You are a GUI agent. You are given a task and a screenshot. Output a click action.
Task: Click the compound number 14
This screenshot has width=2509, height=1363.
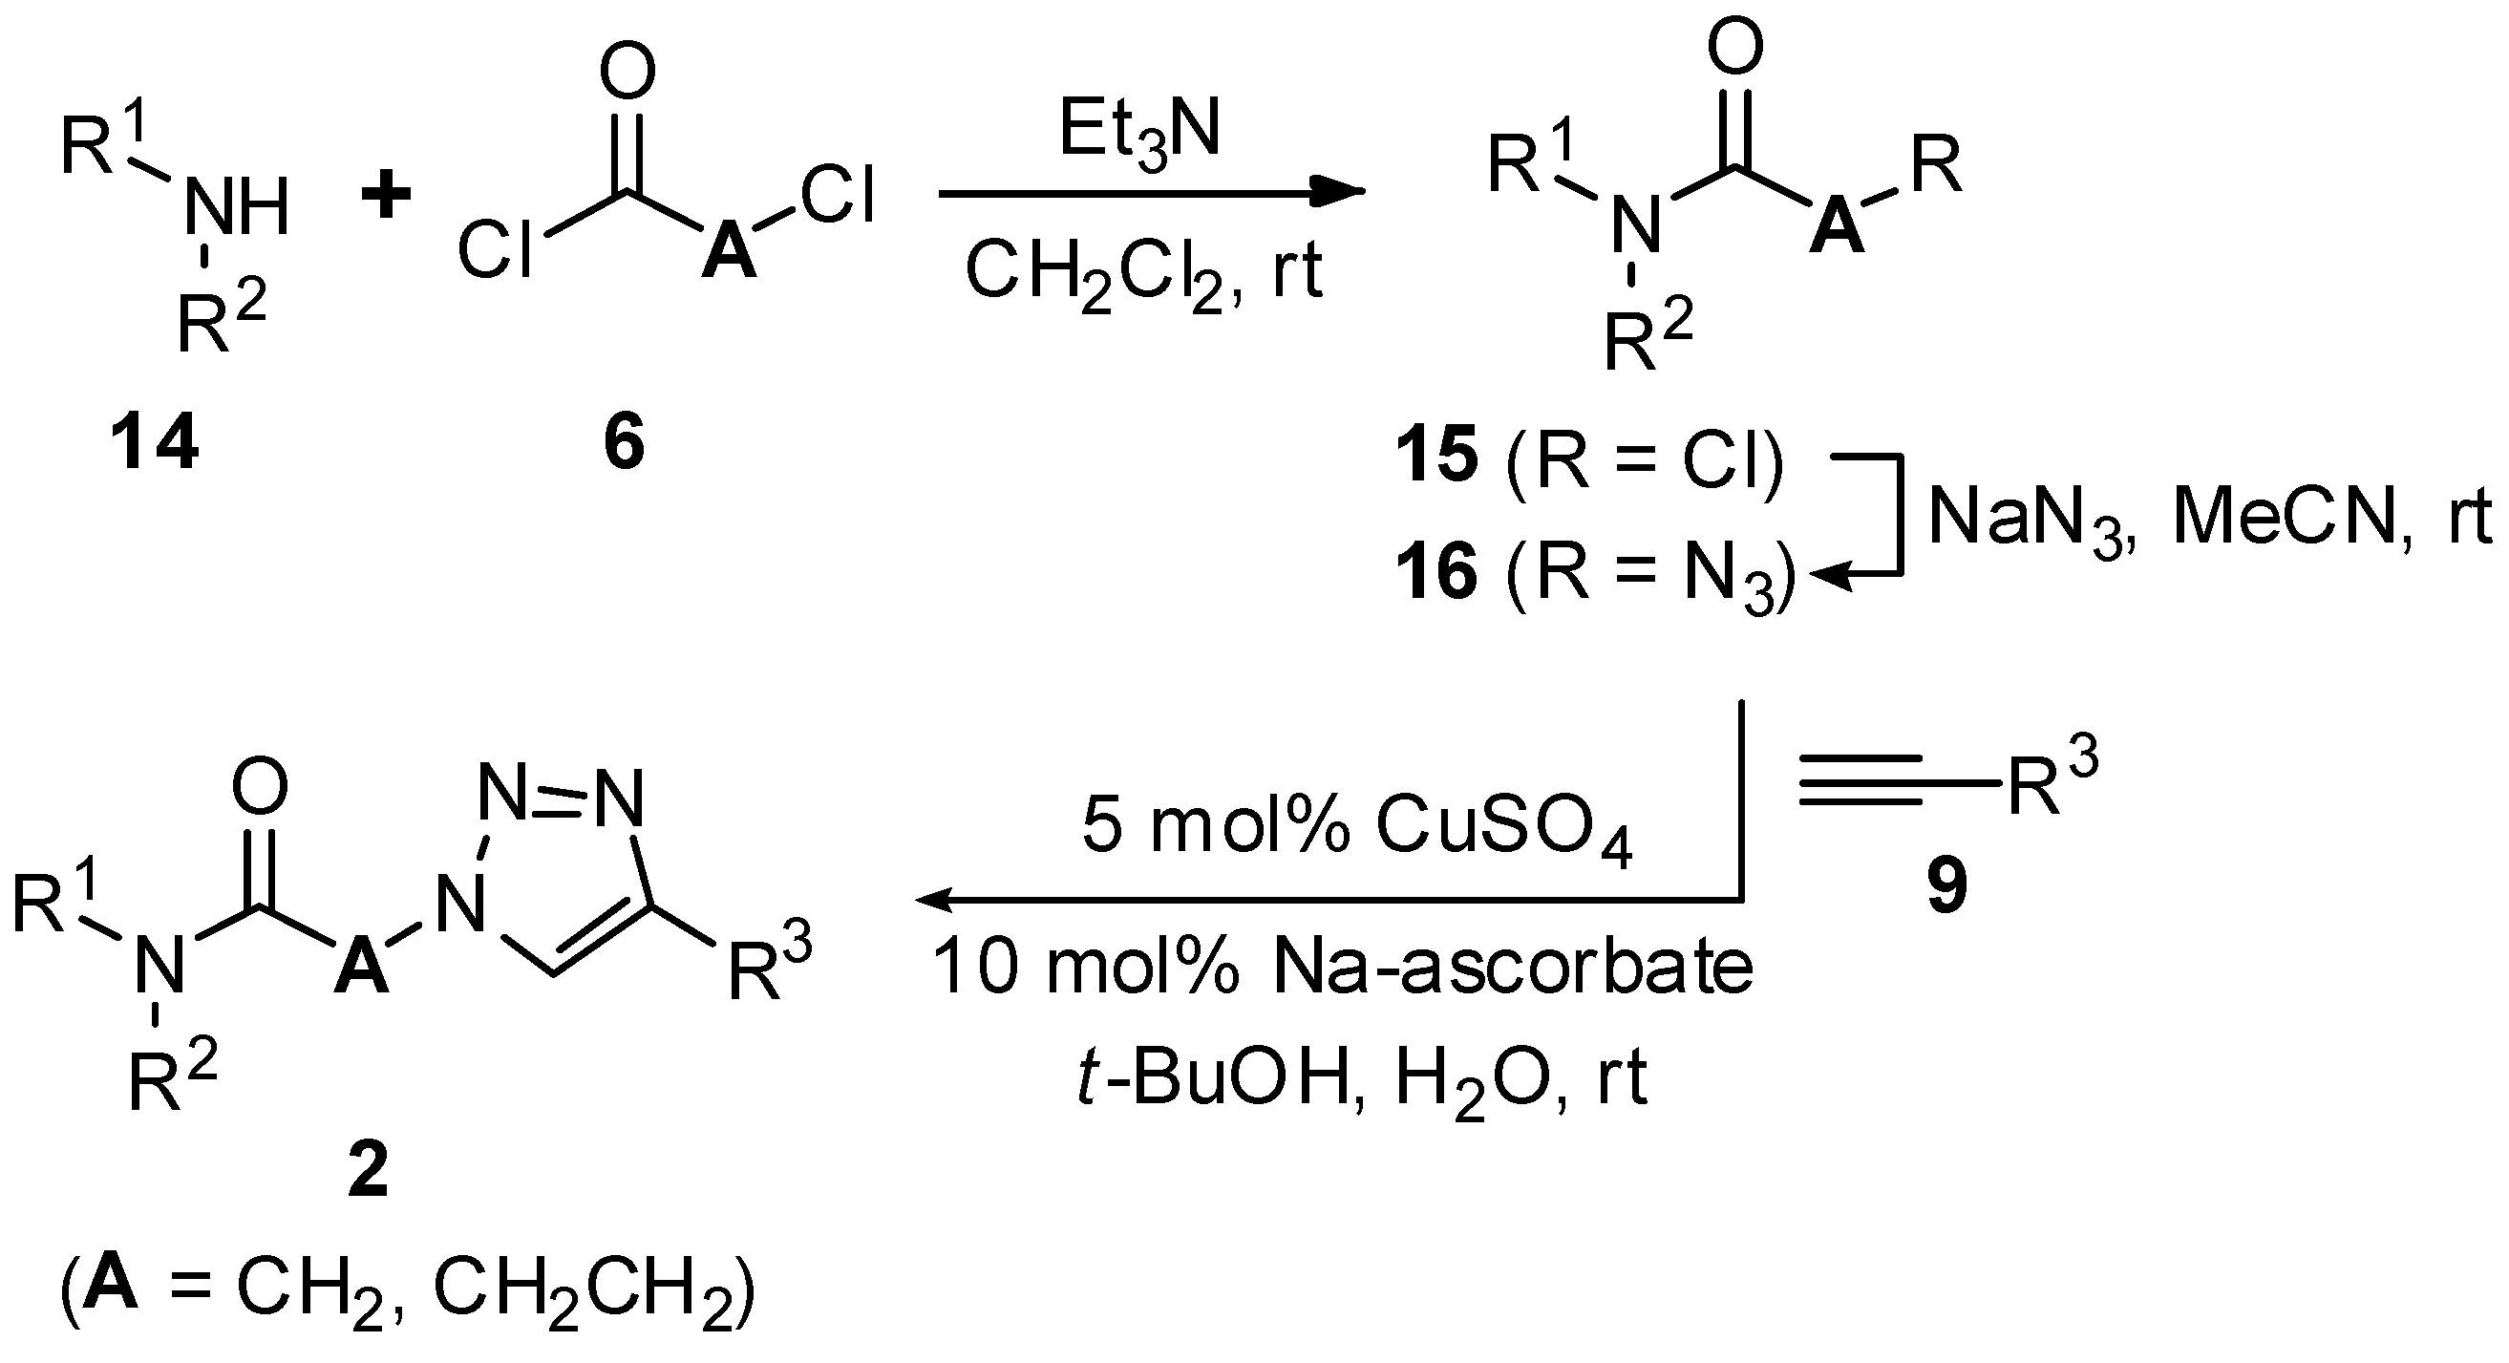click(155, 442)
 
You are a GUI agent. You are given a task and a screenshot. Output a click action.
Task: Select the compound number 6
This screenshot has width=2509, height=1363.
click(625, 442)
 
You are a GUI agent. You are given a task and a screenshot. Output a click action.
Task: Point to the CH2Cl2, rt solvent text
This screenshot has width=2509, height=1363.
click(1144, 272)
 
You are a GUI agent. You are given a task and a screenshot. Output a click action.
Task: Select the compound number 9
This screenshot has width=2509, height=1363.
click(1947, 887)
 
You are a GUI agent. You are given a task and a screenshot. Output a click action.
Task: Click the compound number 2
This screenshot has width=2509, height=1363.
click(368, 1170)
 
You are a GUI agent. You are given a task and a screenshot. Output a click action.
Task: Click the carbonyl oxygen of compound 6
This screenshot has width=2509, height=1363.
click(627, 71)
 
